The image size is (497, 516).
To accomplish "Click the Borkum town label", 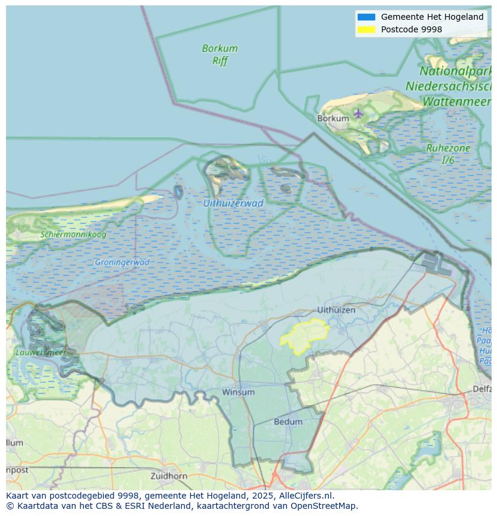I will coord(333,119).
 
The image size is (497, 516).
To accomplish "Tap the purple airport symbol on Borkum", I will coord(358,113).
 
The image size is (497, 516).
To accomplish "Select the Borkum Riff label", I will coord(220,54).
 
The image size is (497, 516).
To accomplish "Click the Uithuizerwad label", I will coord(233,203).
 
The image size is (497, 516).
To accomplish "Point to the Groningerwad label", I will coord(122,262).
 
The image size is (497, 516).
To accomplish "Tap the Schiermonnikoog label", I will coord(73,234).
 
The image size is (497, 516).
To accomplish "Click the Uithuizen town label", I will coord(336,310).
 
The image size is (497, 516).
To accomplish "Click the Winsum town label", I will coord(238,392).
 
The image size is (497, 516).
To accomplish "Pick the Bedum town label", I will coord(288,422).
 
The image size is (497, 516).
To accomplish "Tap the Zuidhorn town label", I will coord(169,476).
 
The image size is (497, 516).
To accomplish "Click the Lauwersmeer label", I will coord(41,352).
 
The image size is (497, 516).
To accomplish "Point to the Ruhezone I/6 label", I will coord(448,154).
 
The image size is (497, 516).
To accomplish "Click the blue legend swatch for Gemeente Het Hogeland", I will coord(366,17).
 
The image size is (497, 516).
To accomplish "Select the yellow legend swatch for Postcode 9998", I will coord(366,29).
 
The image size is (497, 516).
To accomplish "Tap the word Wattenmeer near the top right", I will coord(457,102).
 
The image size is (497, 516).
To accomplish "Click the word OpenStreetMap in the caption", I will coord(324,505).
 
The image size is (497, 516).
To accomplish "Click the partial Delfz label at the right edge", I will coord(482,389).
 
